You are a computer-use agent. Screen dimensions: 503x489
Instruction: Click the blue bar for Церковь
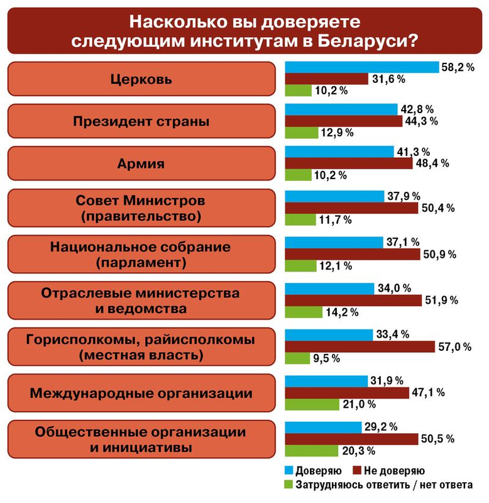point(362,67)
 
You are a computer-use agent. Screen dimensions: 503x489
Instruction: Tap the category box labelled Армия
point(141,164)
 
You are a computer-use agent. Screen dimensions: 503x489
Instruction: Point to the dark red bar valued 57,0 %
point(360,346)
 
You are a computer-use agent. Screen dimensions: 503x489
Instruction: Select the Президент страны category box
point(141,121)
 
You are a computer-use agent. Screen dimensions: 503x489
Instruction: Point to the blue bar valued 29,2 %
point(323,426)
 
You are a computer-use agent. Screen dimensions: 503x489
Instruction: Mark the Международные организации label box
point(141,394)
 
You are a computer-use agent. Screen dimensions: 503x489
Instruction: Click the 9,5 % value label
point(327,358)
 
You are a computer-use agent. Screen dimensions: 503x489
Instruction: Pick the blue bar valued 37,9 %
point(334,196)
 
